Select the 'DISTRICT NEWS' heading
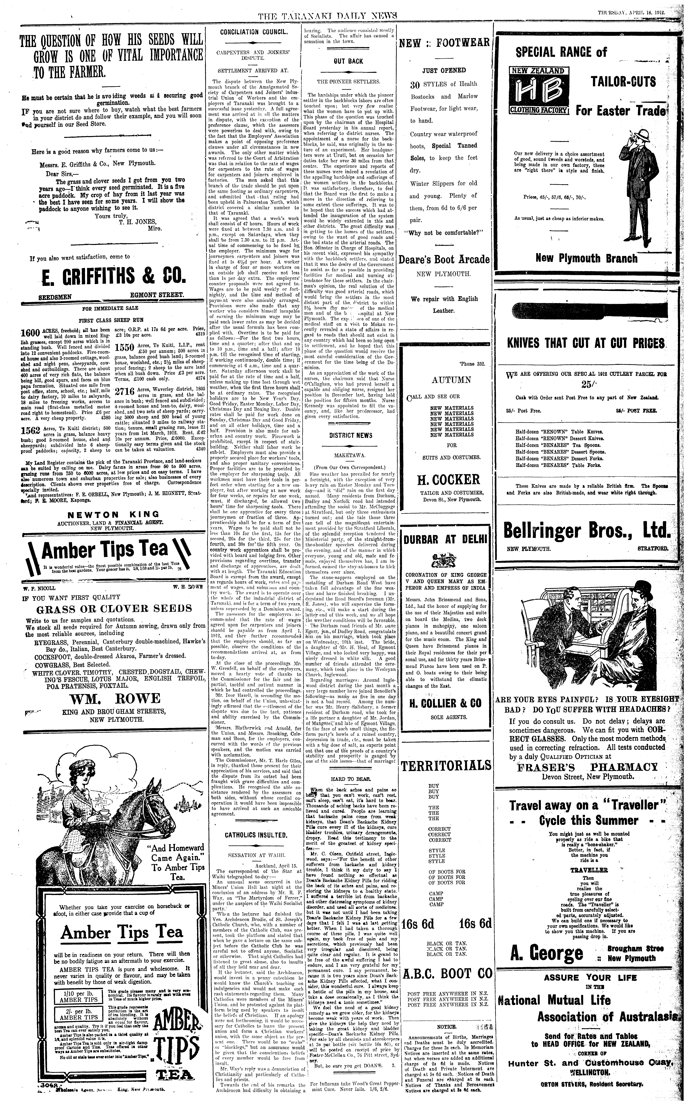click(x=351, y=435)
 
